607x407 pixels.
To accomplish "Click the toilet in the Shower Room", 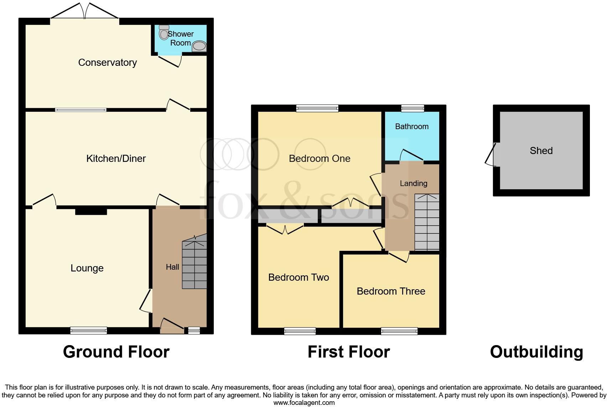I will click(164, 33).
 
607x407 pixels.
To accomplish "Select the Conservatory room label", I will click(107, 63).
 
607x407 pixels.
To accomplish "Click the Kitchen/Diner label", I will click(116, 158).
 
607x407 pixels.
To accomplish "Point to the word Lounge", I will click(87, 268).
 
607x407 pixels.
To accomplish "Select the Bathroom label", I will click(412, 127).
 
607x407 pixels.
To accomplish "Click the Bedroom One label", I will click(320, 159).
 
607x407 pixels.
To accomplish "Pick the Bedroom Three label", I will click(391, 291).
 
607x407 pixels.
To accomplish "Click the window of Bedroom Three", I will click(399, 331).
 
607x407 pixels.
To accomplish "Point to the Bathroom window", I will click(413, 108).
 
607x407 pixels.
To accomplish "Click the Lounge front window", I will click(88, 331).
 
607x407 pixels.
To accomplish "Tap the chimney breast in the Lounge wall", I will click(91, 211).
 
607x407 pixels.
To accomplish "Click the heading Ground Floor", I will click(116, 352).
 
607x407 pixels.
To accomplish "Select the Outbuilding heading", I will click(536, 352).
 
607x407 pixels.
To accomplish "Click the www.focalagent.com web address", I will click(304, 403).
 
